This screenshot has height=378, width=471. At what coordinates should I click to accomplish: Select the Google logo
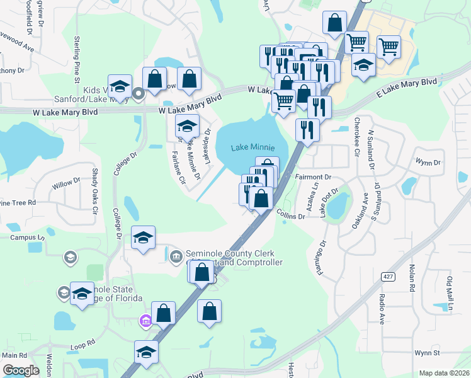coord(21,370)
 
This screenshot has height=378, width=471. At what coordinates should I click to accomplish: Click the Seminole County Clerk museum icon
coord(176,255)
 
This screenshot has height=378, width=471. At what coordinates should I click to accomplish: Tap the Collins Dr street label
coord(290,215)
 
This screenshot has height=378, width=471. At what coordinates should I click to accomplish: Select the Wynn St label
coord(426,354)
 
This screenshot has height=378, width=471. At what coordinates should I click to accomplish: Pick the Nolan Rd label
coord(413,278)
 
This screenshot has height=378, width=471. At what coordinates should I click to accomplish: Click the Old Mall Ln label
coord(450,292)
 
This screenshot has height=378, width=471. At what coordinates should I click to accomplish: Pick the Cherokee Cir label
coord(356,136)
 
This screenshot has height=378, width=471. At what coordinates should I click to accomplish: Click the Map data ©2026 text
coord(443,373)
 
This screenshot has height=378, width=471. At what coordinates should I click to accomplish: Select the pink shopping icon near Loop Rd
coord(146,322)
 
